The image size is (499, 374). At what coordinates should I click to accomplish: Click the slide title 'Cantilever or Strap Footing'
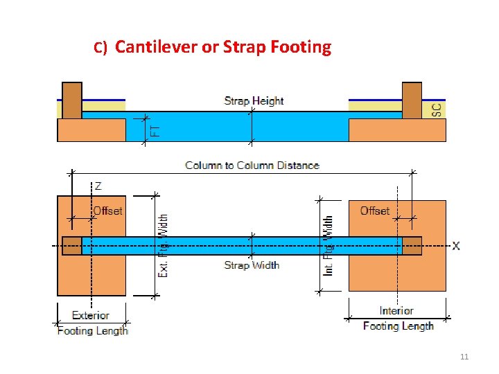[222, 47]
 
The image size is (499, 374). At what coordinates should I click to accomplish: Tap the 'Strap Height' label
[254, 101]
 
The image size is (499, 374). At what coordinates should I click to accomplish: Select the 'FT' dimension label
[155, 130]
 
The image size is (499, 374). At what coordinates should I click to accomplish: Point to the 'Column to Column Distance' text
[252, 166]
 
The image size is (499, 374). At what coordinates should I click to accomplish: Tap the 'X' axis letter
[456, 246]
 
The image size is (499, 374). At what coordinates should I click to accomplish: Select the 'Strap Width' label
[252, 265]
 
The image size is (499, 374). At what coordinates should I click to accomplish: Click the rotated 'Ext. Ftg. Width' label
[164, 246]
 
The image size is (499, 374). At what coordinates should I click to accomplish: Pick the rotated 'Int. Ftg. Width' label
[329, 245]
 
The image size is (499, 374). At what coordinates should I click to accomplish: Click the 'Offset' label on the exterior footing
[107, 211]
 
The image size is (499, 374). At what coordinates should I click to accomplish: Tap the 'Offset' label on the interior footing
[375, 211]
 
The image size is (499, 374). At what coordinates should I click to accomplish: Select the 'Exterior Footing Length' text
[92, 323]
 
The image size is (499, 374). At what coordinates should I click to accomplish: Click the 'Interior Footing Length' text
[398, 319]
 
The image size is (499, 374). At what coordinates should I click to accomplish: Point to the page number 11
[464, 357]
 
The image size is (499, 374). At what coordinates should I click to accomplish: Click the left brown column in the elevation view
[72, 100]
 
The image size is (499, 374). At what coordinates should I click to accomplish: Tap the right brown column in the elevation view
[412, 100]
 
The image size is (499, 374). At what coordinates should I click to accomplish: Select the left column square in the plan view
[72, 246]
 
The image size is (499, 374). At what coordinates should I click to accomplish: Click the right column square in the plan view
[412, 246]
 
